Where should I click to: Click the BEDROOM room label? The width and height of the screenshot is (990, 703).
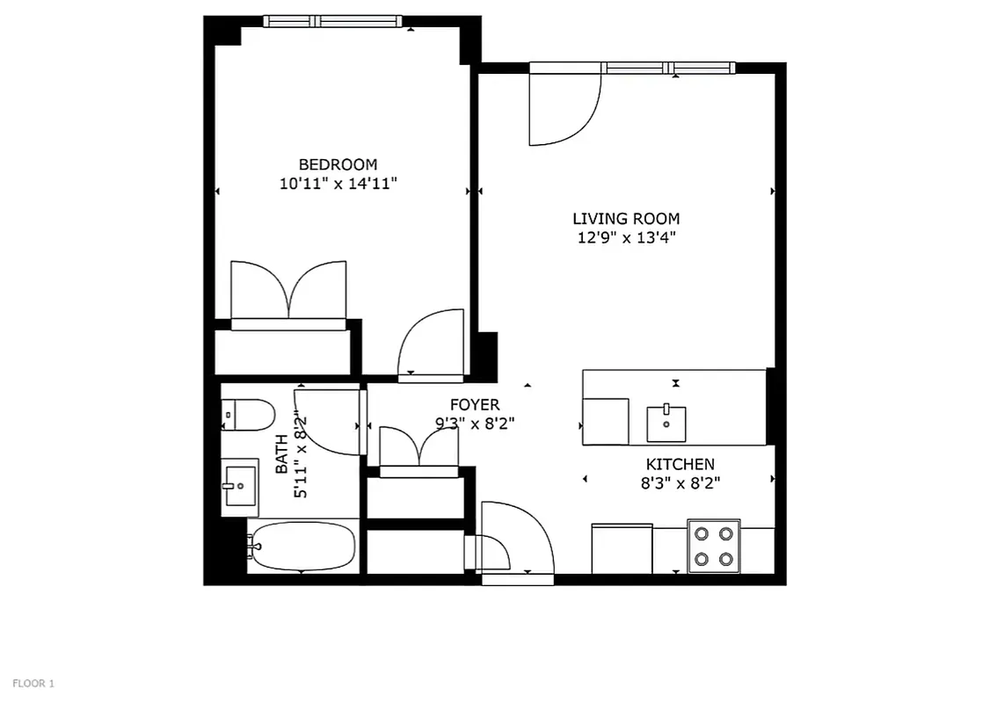(338, 164)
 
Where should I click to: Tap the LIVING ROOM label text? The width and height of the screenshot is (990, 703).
(625, 219)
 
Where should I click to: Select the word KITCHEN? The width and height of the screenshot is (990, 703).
(680, 464)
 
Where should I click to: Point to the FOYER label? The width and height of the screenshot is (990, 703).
(474, 405)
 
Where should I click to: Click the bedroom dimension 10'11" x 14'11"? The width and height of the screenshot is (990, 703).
(338, 185)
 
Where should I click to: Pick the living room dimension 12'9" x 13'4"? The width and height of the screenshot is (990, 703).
(625, 237)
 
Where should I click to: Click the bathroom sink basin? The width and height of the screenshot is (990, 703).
(239, 485)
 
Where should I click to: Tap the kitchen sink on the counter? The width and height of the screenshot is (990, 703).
(666, 423)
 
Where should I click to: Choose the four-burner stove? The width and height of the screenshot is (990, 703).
(713, 546)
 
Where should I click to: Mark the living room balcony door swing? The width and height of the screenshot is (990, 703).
(564, 108)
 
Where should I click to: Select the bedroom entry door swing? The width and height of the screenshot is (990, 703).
(431, 344)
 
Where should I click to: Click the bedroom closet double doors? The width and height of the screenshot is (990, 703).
(288, 290)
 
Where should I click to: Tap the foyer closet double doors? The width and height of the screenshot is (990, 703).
(419, 447)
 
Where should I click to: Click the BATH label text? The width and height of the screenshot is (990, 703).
(281, 454)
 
